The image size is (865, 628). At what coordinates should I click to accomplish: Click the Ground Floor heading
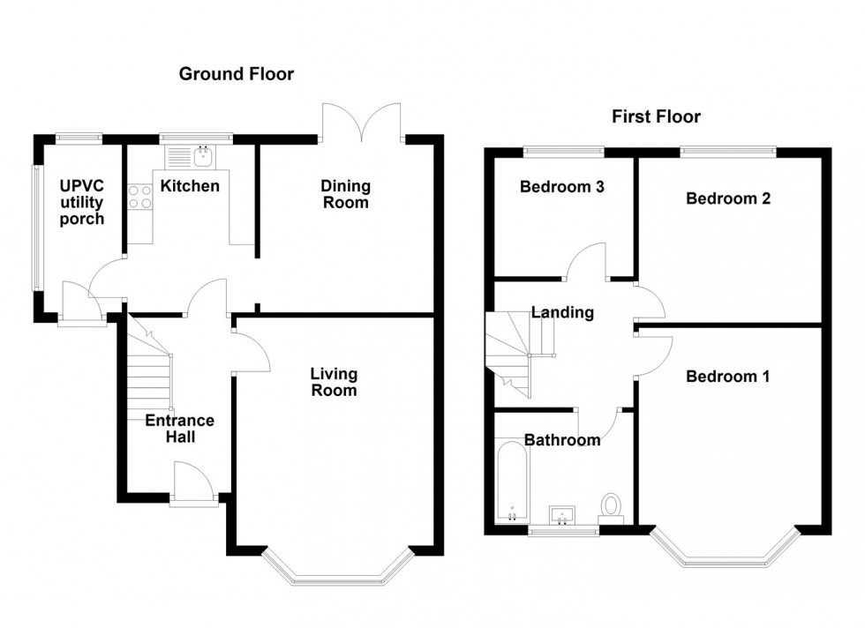237,74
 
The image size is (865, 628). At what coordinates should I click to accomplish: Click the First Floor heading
657,116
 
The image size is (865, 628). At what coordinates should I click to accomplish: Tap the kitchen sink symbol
202,156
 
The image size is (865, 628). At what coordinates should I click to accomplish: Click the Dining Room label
345,194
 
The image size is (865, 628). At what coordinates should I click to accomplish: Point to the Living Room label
334,382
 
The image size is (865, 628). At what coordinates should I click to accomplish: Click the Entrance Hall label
179,429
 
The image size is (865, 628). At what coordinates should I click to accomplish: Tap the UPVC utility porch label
82,203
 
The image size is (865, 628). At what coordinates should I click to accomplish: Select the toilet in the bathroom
611,506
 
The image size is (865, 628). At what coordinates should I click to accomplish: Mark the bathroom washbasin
562,514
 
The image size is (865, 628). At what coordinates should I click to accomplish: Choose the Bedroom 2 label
728,198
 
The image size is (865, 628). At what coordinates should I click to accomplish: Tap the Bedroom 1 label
727,377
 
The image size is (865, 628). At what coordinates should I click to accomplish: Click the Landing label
562,312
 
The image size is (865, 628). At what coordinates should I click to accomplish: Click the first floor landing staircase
516,353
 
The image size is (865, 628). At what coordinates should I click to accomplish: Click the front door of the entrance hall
194,488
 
